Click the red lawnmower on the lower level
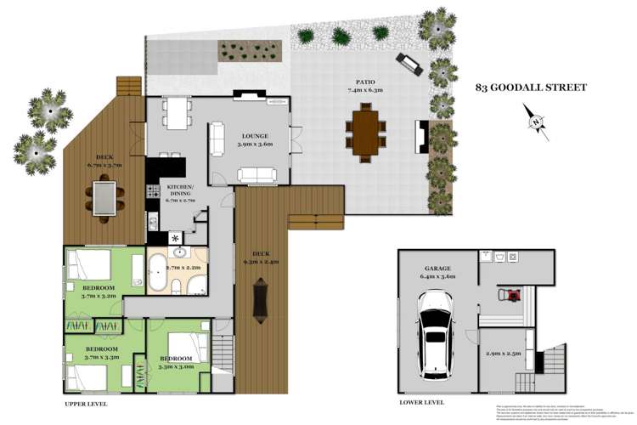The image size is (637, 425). (510, 294)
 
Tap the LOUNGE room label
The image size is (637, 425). (255, 136)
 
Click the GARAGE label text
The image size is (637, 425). (440, 268)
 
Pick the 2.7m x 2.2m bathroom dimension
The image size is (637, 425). (183, 268)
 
